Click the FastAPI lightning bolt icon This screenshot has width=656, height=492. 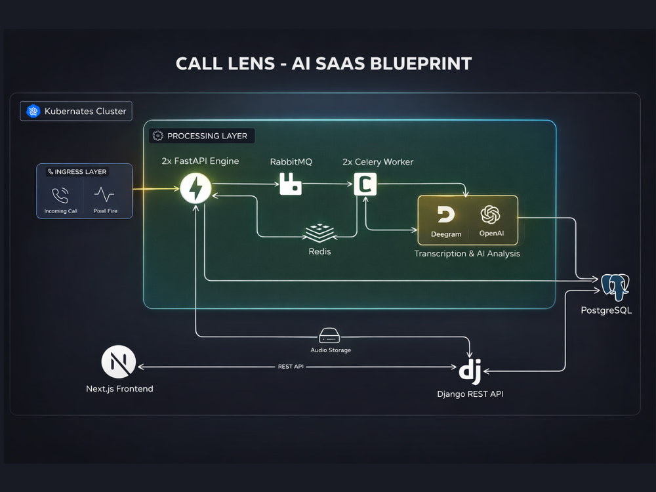tap(195, 188)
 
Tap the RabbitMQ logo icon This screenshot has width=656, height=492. tap(291, 184)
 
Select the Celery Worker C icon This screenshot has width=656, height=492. tap(365, 184)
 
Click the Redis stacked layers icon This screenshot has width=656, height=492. tap(319, 233)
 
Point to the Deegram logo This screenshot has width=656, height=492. tap(446, 215)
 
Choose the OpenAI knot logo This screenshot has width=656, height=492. tap(490, 215)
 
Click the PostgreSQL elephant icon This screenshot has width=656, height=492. tap(615, 287)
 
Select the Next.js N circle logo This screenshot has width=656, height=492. tap(118, 362)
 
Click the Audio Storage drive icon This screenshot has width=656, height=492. tap(330, 335)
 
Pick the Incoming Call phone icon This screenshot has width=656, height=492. tap(60, 195)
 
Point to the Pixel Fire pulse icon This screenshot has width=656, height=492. tap(104, 195)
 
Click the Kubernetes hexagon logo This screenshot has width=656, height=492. tap(33, 111)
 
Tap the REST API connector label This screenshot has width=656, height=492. tap(291, 367)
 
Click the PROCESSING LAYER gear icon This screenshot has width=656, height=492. tap(157, 136)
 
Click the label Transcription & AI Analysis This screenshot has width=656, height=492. tap(467, 253)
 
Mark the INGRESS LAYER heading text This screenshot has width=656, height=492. tap(80, 171)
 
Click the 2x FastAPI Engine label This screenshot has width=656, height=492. tap(200, 161)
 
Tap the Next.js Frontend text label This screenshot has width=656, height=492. tap(119, 388)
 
